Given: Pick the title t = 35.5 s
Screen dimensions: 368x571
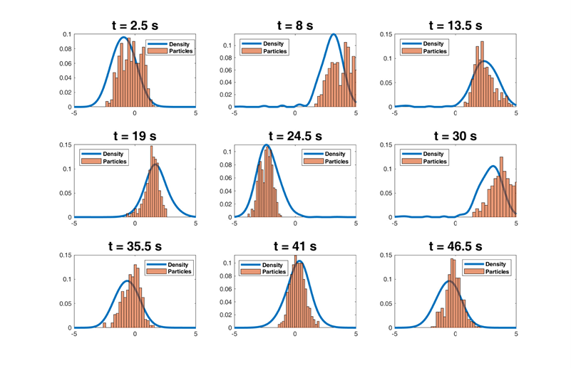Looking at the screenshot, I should (x=135, y=246).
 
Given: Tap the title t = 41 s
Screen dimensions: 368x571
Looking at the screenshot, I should (x=295, y=246).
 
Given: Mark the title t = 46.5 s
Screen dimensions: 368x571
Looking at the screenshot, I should (x=456, y=246).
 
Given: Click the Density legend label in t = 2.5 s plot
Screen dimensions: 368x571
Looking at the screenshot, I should (x=180, y=44).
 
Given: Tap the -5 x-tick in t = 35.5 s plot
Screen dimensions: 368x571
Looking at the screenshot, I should (x=74, y=334).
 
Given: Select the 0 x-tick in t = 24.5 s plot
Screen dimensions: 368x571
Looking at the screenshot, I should (x=295, y=224).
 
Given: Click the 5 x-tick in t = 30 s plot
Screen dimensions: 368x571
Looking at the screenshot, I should (x=515, y=224).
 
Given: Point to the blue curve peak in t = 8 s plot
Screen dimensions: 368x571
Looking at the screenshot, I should (x=334, y=35).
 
